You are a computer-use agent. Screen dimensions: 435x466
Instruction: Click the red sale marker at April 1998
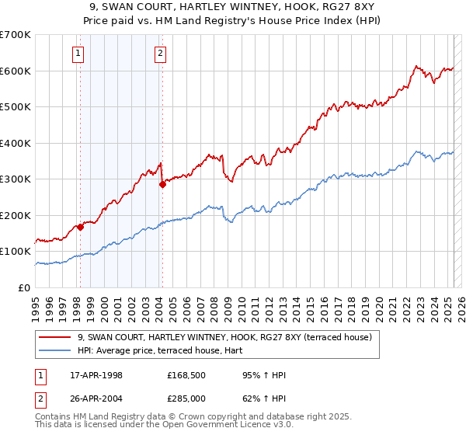click(x=80, y=227)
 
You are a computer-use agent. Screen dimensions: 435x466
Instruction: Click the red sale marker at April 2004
click(x=162, y=185)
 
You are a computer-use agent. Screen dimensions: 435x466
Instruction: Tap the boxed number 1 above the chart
click(x=79, y=54)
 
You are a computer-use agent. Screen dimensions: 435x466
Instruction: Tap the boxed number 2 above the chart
click(x=160, y=54)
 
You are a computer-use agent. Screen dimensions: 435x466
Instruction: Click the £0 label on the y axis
click(x=25, y=287)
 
